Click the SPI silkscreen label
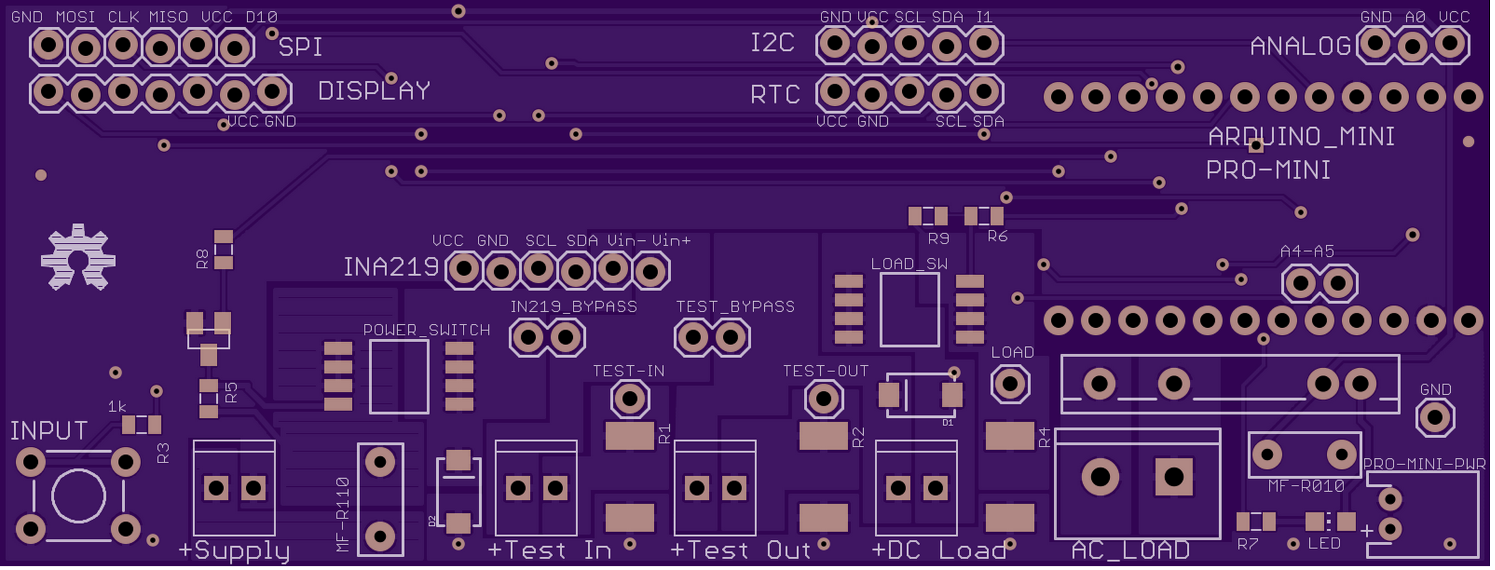300,47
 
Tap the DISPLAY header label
374,91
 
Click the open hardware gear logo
78,258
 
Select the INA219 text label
391,268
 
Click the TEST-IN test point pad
630,399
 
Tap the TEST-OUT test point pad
824,399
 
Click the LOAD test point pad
1010,384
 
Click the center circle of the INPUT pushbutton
78,496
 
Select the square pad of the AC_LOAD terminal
1174,477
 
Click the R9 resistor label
938,239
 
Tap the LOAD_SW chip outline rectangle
910,310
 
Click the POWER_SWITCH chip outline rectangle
399,377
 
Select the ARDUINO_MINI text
1301,137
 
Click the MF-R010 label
1306,487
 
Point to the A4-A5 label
1307,251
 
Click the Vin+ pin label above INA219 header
671,241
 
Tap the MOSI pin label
75,17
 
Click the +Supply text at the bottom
234,551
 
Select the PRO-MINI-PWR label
1424,464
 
